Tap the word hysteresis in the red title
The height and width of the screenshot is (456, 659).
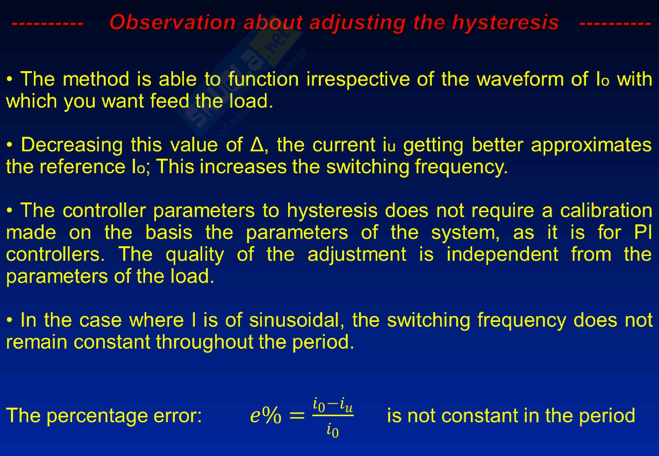pos(505,23)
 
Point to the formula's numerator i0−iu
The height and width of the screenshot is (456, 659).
pos(333,406)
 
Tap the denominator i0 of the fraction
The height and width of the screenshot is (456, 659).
pos(333,431)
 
